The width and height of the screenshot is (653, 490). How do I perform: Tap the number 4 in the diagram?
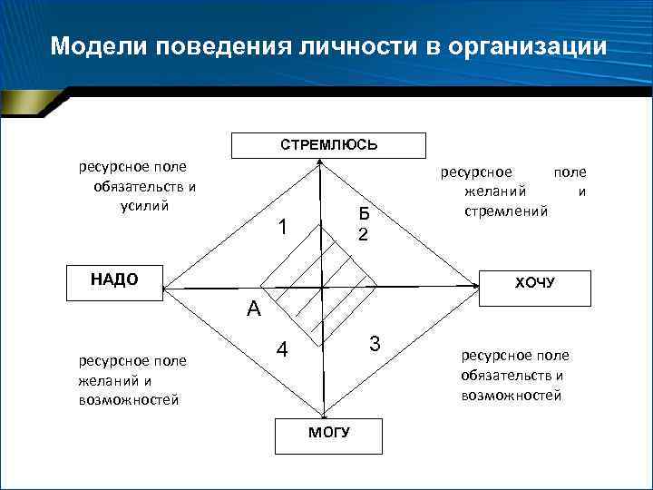pos(283,350)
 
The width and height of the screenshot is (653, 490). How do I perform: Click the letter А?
pos(253,309)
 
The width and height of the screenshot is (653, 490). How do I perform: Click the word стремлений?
pos(505,211)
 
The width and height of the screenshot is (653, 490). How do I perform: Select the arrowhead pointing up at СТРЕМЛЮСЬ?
pos(321,166)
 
